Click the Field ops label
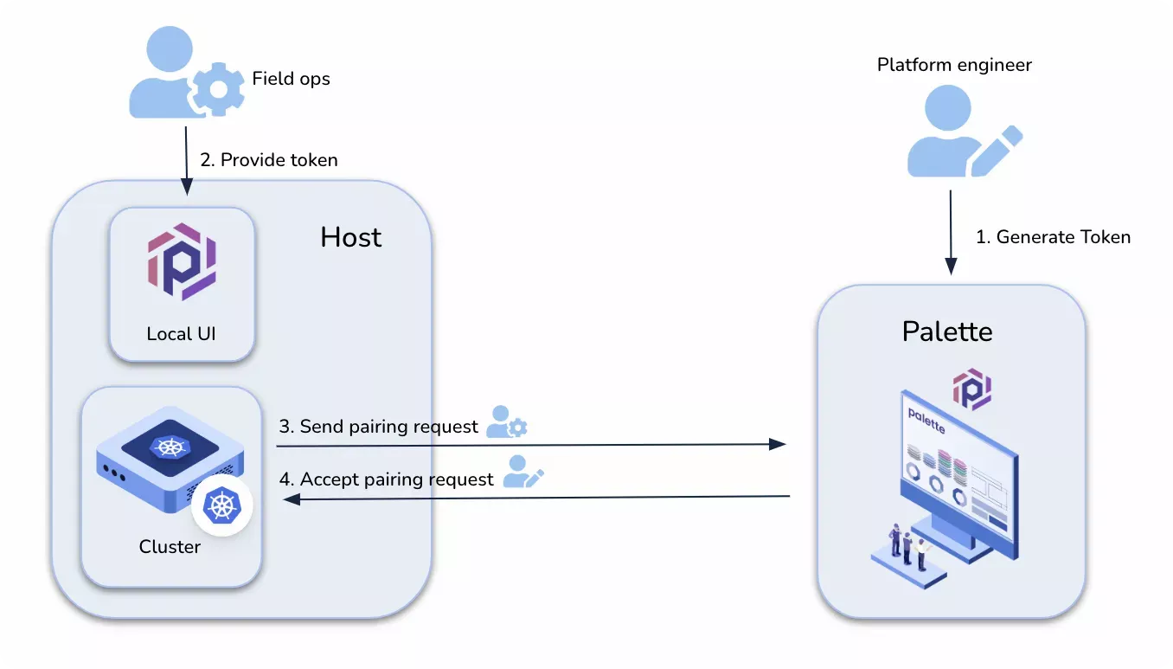[x=291, y=79]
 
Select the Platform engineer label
[x=954, y=65]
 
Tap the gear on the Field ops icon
[x=216, y=89]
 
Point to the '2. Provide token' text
[x=269, y=160]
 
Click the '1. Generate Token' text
[x=1053, y=237]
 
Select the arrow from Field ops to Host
[x=185, y=160]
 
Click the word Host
[x=350, y=237]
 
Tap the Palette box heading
[x=947, y=331]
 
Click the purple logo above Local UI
[x=182, y=261]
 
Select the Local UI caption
[x=181, y=333]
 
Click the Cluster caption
[x=170, y=547]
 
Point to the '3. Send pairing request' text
[x=378, y=427]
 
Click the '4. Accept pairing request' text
[x=386, y=479]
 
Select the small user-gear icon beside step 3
[x=506, y=421]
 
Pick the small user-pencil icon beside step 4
[x=522, y=472]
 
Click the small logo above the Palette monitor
[x=972, y=389]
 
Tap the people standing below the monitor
[x=908, y=547]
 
